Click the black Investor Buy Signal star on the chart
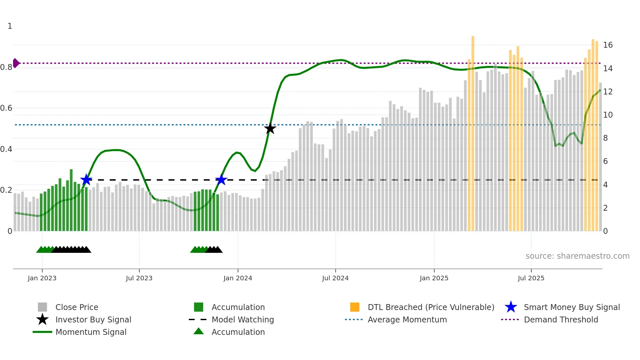(x=270, y=128)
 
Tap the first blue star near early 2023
(x=86, y=179)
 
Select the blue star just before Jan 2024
(x=221, y=179)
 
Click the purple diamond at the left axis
(x=16, y=63)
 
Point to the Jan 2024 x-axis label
(x=238, y=278)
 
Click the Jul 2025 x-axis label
(x=531, y=278)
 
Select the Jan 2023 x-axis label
(x=42, y=278)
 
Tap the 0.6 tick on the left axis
(x=7, y=108)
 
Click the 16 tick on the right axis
(x=608, y=45)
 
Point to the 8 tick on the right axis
(x=605, y=138)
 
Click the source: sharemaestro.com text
(x=577, y=256)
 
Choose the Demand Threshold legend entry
(x=561, y=319)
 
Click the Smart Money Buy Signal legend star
(x=511, y=307)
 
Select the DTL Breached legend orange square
(x=355, y=307)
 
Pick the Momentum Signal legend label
(x=91, y=332)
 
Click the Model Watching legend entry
(x=242, y=319)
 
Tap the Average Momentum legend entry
(x=407, y=319)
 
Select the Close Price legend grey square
(x=42, y=307)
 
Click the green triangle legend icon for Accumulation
(x=199, y=331)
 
